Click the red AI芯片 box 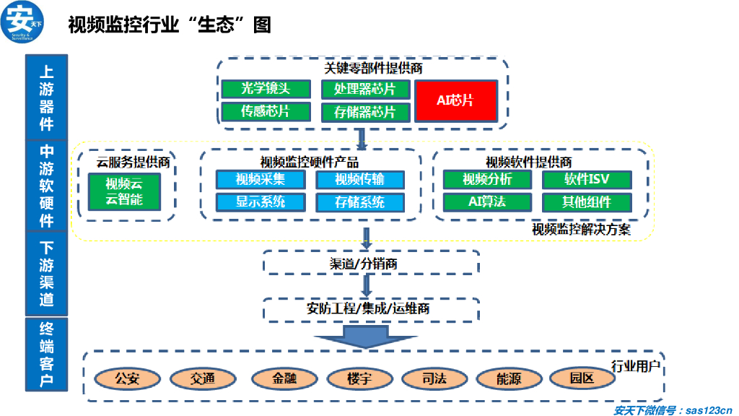(x=455, y=100)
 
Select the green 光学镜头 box (x=266, y=89)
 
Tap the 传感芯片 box (x=266, y=111)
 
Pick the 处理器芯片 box (x=365, y=89)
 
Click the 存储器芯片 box (x=365, y=112)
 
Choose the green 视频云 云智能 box (x=124, y=191)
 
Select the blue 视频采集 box (x=261, y=179)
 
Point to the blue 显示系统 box (x=261, y=201)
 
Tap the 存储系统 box (x=360, y=201)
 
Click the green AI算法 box (x=487, y=201)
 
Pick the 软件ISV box (x=587, y=179)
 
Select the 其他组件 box (x=587, y=201)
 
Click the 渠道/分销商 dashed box (x=371, y=263)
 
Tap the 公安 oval (x=127, y=378)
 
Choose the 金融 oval (x=284, y=378)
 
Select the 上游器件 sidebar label (x=46, y=97)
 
